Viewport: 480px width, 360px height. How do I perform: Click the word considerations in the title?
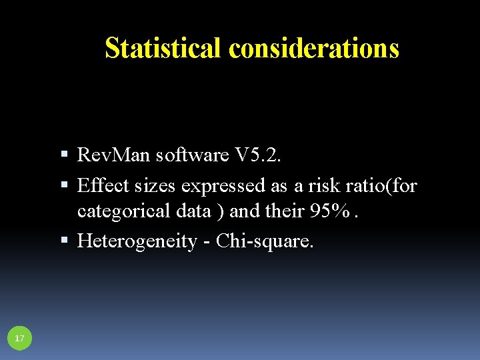coord(313,48)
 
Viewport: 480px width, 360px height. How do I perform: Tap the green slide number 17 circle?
coord(19,339)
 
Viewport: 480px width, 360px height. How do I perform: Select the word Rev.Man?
coord(113,155)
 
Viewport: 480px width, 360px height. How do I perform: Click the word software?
coord(192,155)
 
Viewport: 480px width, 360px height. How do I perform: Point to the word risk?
coord(319,185)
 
